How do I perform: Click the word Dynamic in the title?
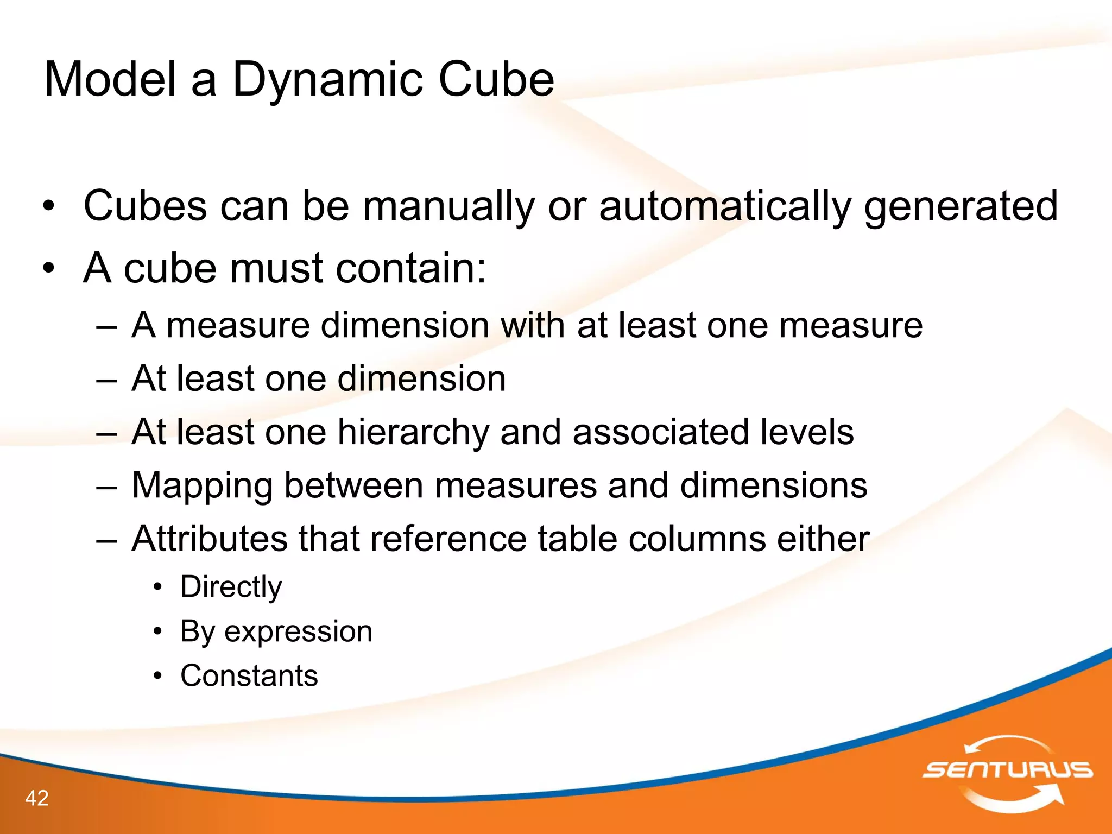tap(327, 80)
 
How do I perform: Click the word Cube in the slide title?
tap(496, 79)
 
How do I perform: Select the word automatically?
tap(725, 207)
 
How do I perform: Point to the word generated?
tap(961, 207)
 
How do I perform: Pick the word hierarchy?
tap(413, 432)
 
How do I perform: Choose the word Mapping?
tap(201, 485)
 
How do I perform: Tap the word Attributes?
tap(210, 539)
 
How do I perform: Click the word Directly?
tap(231, 587)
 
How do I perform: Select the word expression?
tap(298, 631)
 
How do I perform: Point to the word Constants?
tap(249, 676)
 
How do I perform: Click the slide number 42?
tap(37, 798)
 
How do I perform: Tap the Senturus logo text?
tap(1007, 769)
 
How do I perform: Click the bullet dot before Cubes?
tap(49, 207)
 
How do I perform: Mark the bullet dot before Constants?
tap(157, 677)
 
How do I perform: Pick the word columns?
tap(696, 539)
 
